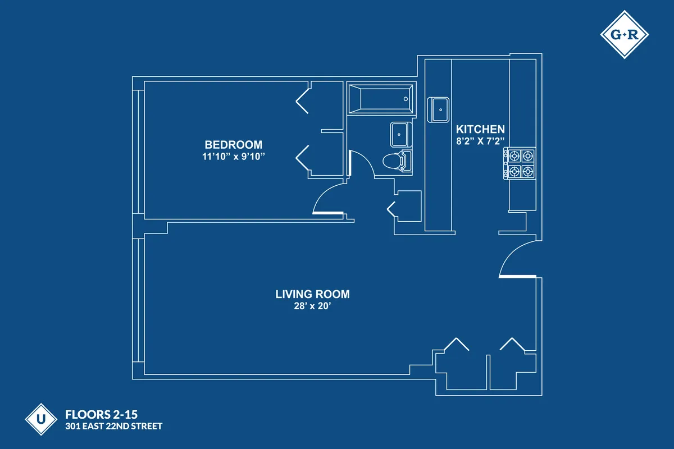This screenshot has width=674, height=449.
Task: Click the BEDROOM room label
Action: (x=233, y=144)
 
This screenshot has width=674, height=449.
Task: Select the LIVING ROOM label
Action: (x=312, y=294)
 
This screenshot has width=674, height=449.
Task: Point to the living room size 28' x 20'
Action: (x=312, y=306)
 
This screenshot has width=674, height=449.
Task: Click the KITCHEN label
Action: (x=480, y=129)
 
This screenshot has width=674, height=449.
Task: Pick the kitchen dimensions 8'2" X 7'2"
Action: (x=480, y=141)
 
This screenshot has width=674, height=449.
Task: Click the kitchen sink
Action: (x=439, y=109)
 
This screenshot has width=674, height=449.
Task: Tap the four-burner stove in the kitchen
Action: (x=520, y=163)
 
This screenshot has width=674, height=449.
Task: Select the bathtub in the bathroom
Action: (x=381, y=99)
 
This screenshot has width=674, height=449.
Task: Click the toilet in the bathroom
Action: (x=397, y=162)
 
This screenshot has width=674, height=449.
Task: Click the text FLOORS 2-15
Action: (x=102, y=415)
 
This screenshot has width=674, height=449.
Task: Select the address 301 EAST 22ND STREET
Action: (x=114, y=427)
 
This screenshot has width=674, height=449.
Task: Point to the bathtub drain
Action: (x=406, y=99)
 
